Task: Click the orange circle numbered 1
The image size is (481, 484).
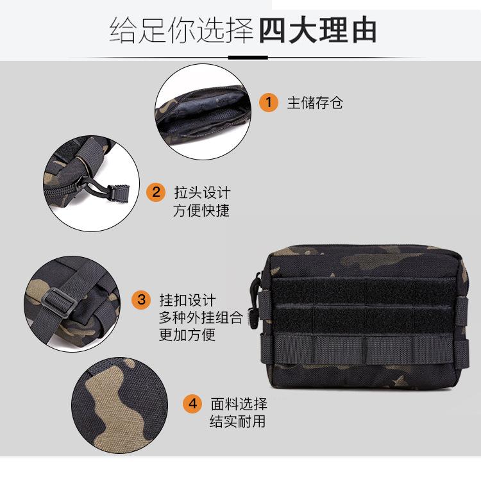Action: pos(269,102)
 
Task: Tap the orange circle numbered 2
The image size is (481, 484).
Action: pos(156,192)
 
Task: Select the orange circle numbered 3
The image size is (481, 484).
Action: pos(142,299)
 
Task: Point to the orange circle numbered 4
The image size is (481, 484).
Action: pos(192,404)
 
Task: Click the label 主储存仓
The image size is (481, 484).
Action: pos(315,103)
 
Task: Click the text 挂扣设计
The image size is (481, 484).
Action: pos(188,299)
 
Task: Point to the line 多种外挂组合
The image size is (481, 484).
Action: pos(201,317)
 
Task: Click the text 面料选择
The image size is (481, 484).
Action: pos(239,404)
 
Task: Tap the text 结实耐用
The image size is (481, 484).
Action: pos(238,422)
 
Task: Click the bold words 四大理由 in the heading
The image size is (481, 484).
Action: pos(317,30)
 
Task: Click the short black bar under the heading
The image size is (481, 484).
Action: pos(248,57)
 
